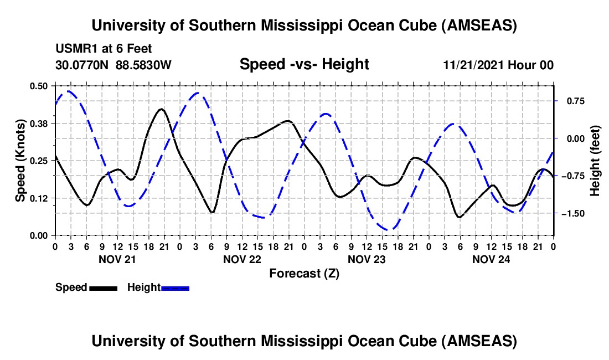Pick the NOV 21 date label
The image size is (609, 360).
pyautogui.click(x=116, y=259)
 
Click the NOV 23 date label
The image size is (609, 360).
pyautogui.click(x=366, y=259)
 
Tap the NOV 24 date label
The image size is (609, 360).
pyautogui.click(x=491, y=259)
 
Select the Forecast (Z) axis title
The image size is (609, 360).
pyautogui.click(x=304, y=273)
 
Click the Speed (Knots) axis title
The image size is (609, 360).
pyautogui.click(x=20, y=160)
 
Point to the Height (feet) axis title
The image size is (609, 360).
pyautogui.click(x=595, y=160)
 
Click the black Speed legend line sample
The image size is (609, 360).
pyautogui.click(x=102, y=288)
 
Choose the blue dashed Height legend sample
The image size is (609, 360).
pyautogui.click(x=176, y=288)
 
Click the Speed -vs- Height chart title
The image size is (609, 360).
pyautogui.click(x=304, y=65)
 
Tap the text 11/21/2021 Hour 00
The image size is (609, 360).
pyautogui.click(x=498, y=65)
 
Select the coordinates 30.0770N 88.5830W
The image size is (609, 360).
pyautogui.click(x=113, y=65)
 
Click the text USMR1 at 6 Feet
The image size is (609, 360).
pyautogui.click(x=104, y=49)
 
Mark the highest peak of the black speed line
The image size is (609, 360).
pyautogui.click(x=161, y=109)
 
